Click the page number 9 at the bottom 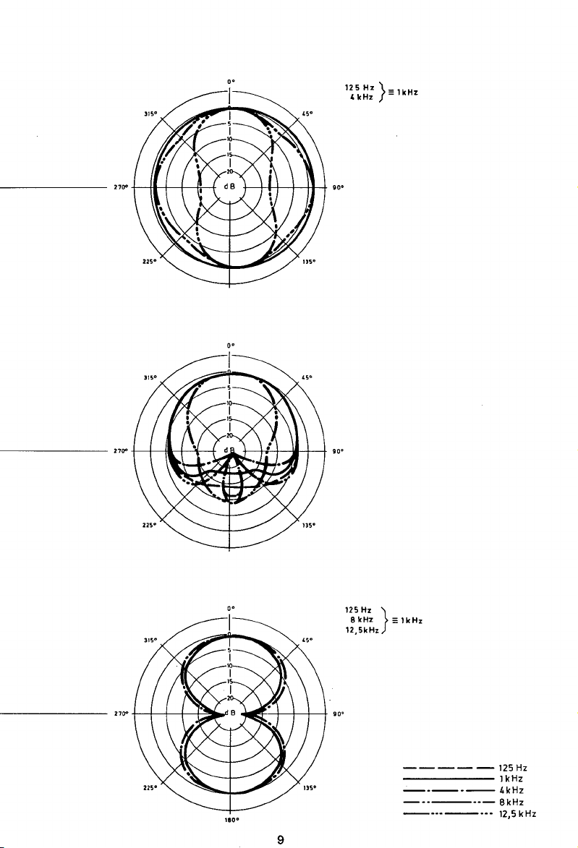[x=281, y=839]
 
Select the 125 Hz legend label [x=513, y=768]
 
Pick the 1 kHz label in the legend [x=511, y=779]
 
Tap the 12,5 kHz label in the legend [x=517, y=813]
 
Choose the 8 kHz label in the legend [x=511, y=802]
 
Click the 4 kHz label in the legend [x=511, y=790]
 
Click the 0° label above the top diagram [x=231, y=82]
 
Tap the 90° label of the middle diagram [x=338, y=451]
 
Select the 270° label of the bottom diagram [x=122, y=714]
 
